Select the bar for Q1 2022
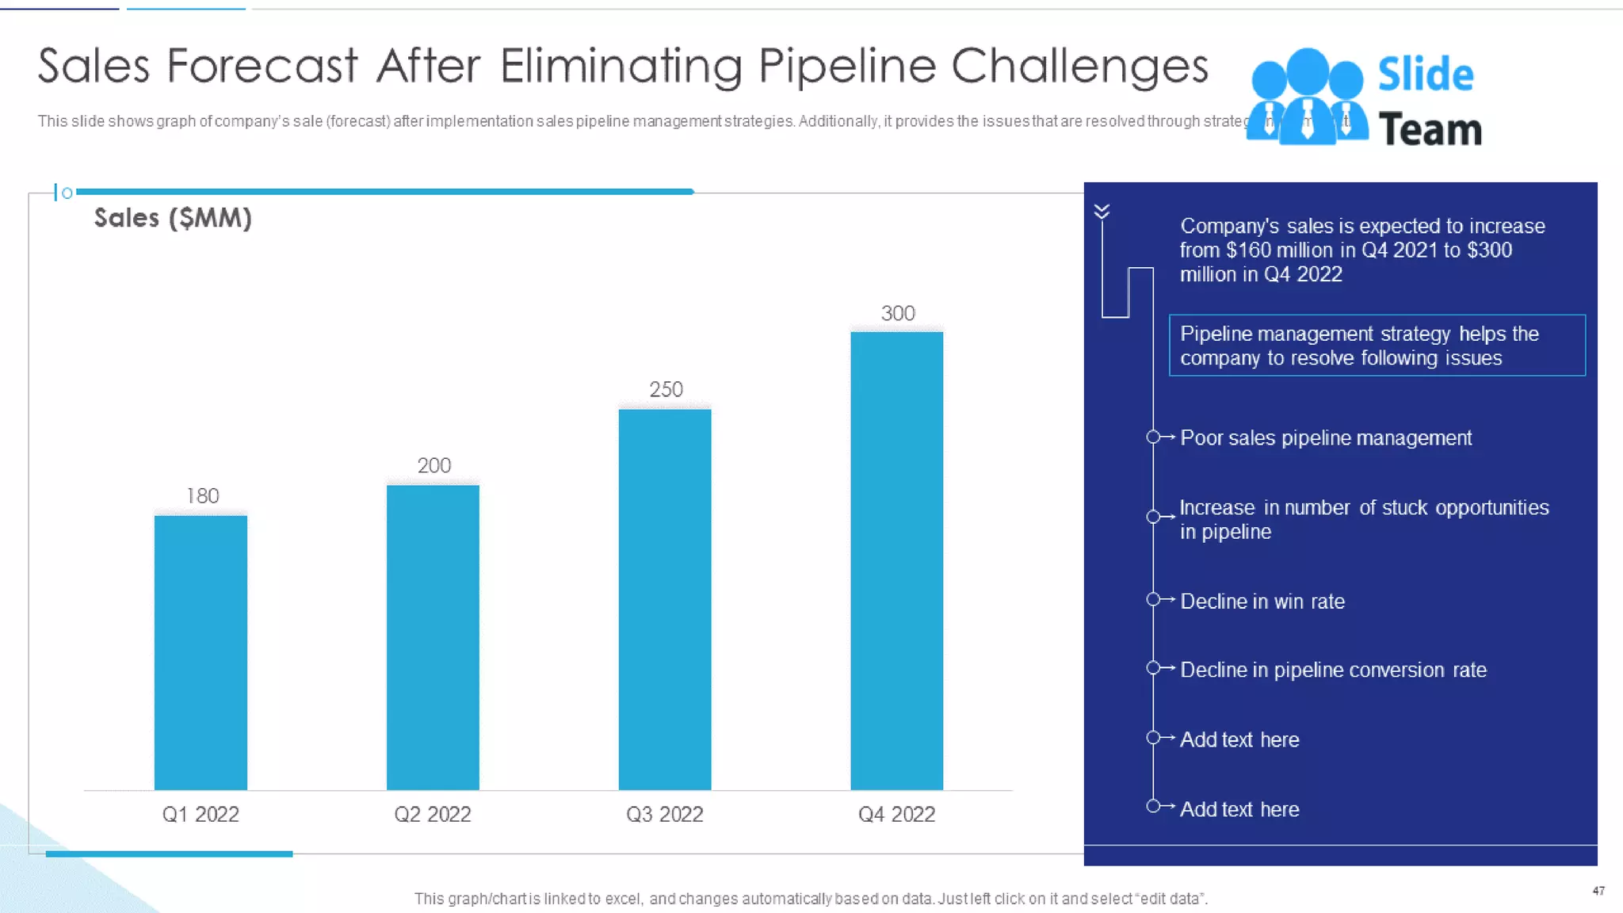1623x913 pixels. pos(200,651)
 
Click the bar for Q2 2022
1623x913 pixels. pos(433,636)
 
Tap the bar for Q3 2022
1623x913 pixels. pos(665,598)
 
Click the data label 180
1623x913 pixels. pos(203,496)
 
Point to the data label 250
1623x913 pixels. pos(666,390)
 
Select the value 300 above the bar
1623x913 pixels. pos(898,314)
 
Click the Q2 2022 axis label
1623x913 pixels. pos(433,815)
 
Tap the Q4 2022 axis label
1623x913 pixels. pos(896,815)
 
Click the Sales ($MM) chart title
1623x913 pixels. pos(173,218)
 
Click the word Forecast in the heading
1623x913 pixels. pos(262,66)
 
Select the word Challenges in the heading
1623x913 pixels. pos(1079,66)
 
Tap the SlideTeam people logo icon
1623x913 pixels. pos(1307,97)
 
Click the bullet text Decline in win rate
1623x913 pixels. pos(1262,602)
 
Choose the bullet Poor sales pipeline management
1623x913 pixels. pos(1325,438)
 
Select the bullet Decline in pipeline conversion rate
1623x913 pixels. pos(1333,670)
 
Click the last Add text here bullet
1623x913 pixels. pos(1239,809)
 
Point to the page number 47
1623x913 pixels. pos(1598,891)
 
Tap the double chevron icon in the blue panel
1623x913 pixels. pos(1102,212)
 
